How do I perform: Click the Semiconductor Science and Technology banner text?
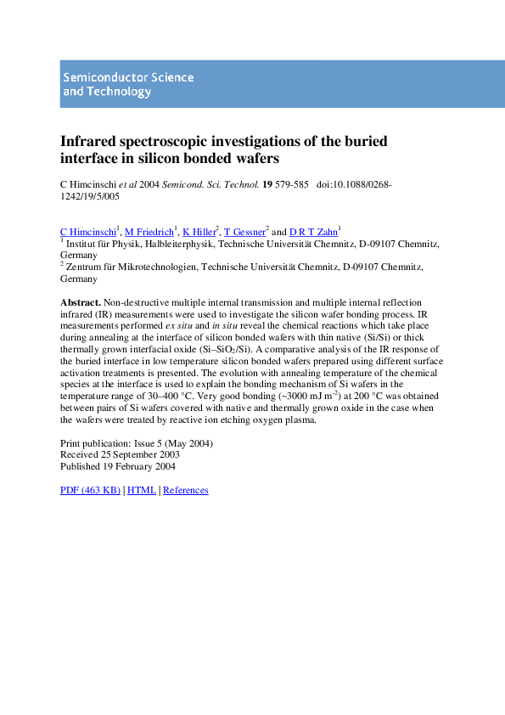[127, 84]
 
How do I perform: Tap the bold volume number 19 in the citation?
[267, 183]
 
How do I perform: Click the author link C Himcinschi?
[87, 231]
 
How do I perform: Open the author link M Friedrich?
[149, 231]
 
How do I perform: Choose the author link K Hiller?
[199, 231]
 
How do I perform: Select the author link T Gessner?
[244, 231]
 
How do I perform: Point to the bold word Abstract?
[81, 302]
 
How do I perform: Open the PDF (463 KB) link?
[90, 490]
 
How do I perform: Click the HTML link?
[141, 490]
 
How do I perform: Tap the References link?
[185, 490]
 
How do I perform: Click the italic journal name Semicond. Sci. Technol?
[217, 183]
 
